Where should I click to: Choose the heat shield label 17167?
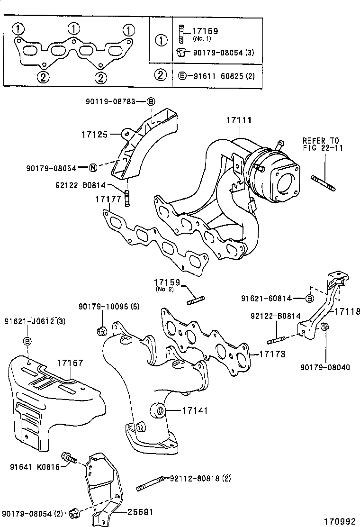coord(70,363)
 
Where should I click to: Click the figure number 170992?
coord(339,521)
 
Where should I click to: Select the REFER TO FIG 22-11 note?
coord(321,144)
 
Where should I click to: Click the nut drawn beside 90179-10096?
coord(100,330)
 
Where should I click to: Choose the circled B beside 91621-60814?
coord(309,298)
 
